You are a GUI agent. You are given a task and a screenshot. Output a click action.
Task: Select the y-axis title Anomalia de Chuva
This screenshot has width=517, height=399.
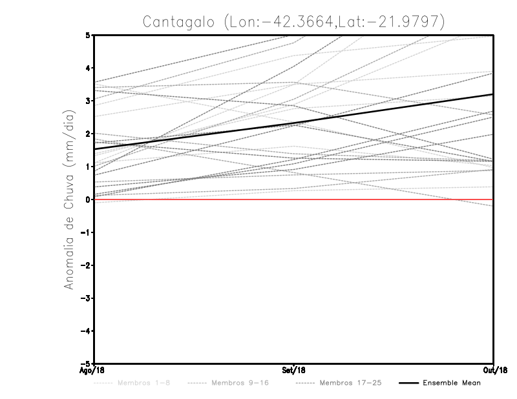pos(69,199)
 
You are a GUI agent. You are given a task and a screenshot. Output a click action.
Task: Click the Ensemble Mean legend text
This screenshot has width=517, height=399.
pos(452,384)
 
